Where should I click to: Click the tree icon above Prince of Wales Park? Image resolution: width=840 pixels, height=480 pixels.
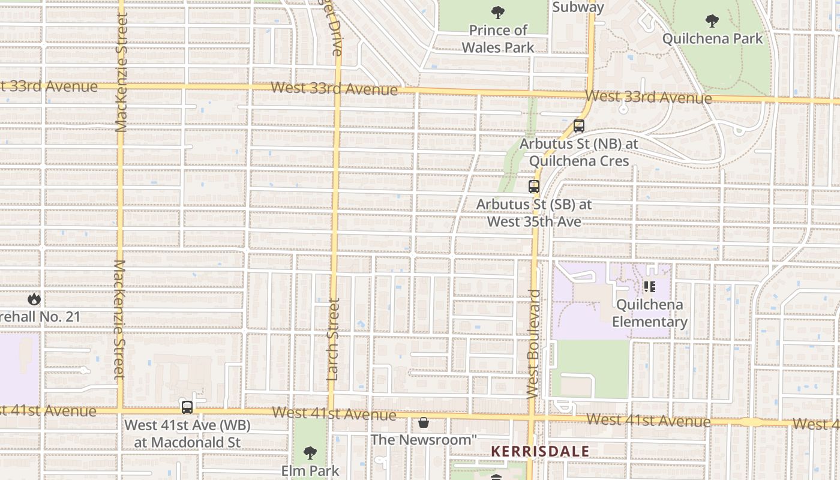point(497,12)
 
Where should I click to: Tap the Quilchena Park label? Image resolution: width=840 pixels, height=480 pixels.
point(713,39)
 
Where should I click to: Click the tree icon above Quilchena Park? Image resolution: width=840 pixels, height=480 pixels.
point(712,22)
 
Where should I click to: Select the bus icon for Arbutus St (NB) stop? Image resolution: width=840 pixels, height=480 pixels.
point(578,126)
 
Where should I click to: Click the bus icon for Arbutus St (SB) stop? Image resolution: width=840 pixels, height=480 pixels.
point(534,186)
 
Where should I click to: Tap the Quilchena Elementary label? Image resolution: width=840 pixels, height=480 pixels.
point(650,313)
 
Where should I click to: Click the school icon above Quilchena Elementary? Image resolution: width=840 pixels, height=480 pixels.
point(649,287)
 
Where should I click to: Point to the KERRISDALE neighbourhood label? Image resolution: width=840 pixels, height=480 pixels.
point(540,451)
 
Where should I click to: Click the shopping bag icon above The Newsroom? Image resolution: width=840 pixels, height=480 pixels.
point(424,422)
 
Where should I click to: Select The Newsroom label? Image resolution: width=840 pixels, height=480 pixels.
point(424,440)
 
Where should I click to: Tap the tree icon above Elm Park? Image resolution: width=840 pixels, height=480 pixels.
point(310,452)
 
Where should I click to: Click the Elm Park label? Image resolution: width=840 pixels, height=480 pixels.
point(310,470)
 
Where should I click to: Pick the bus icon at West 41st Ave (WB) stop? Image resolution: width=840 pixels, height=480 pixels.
point(187,407)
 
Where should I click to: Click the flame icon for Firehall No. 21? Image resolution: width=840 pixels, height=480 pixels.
point(34,299)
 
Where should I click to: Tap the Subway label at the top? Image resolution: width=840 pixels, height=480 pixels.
point(578,7)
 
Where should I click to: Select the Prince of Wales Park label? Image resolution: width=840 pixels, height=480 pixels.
point(498,38)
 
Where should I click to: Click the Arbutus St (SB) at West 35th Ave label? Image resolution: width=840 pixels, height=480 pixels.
point(534,213)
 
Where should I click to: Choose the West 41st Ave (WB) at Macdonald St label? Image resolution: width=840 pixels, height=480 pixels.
point(187,434)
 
